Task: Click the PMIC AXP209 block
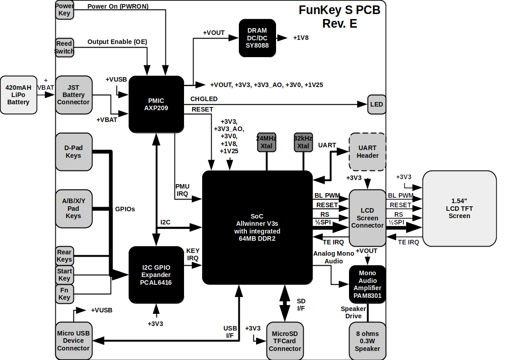point(156,104)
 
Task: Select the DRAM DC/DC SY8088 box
point(257,38)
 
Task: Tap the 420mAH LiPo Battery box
point(18,95)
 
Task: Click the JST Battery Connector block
point(73,95)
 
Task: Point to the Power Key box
point(64,10)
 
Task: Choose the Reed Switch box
point(64,48)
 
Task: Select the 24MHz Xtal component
point(267,142)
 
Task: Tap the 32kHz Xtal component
point(303,142)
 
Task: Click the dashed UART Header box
point(367,151)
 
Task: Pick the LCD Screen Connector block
point(367,218)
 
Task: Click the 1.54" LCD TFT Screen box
point(459,209)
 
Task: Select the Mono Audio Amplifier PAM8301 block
point(367,284)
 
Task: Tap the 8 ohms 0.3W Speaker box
point(367,341)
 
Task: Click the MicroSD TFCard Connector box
point(285,341)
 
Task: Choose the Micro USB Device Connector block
point(73,341)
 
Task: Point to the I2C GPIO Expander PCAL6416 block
point(156,275)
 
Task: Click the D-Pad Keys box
point(73,151)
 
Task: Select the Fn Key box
point(64,294)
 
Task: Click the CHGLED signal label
point(204,99)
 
